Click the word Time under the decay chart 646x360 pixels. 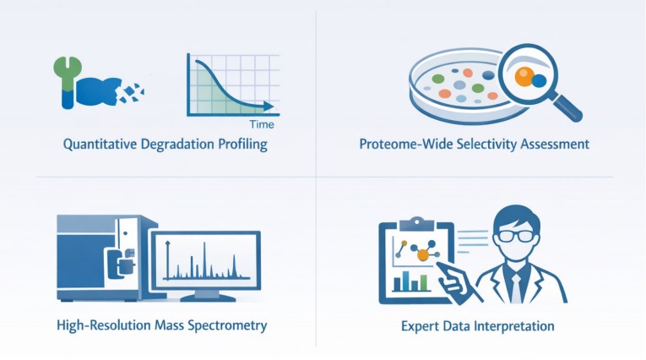tap(262, 124)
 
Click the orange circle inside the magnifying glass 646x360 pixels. tap(524, 77)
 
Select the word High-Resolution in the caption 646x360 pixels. tap(104, 325)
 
